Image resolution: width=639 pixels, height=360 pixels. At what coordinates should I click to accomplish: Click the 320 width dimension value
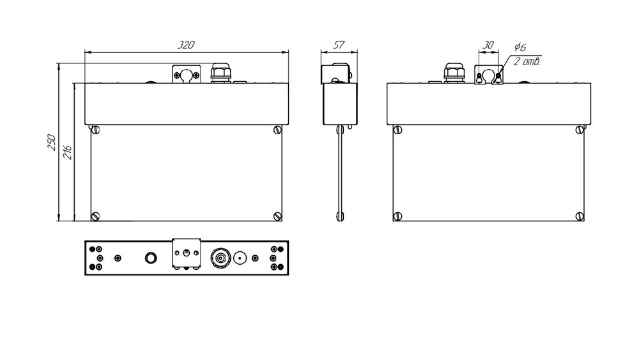(186, 45)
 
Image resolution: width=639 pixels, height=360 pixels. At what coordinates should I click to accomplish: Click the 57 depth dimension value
(339, 45)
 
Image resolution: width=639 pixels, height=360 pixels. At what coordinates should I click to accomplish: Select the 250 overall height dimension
(52, 142)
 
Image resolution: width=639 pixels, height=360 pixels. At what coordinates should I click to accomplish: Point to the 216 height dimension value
(68, 152)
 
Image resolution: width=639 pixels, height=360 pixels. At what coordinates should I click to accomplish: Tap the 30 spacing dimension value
(488, 45)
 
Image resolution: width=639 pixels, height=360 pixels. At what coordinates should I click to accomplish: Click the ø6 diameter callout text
(520, 47)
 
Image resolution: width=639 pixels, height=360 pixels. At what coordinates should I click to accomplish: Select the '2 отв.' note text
(527, 62)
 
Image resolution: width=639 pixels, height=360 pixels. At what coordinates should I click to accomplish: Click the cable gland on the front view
(221, 72)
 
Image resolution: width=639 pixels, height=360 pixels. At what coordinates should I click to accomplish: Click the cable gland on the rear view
(454, 72)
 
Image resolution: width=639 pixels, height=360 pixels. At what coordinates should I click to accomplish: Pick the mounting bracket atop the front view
(187, 74)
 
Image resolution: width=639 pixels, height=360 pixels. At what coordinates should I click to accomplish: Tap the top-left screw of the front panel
(96, 130)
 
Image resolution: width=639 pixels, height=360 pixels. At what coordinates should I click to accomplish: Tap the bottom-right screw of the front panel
(277, 216)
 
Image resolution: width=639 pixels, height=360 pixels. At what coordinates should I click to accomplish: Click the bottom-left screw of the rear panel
(397, 216)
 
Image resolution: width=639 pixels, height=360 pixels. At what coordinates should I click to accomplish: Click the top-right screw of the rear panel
(580, 130)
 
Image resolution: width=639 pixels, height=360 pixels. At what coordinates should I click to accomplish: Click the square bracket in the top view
(186, 254)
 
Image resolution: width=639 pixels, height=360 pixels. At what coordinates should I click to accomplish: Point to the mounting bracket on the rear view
(489, 74)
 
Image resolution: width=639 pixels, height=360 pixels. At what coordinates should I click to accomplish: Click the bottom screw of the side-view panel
(340, 217)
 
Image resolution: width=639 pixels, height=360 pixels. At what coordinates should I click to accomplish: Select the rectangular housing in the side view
(341, 104)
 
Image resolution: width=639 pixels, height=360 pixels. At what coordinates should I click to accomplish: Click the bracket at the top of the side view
(337, 74)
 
